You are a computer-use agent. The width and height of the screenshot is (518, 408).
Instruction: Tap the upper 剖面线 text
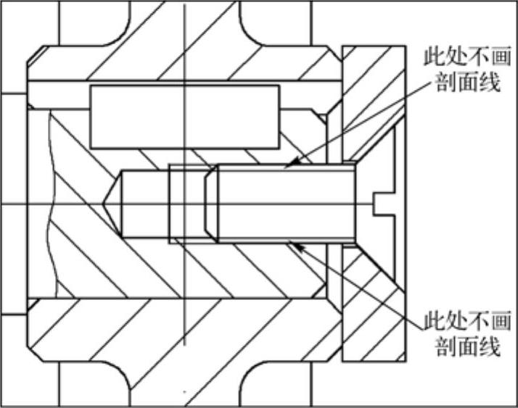click(467, 82)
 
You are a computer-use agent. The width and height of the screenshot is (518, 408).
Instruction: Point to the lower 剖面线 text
click(467, 346)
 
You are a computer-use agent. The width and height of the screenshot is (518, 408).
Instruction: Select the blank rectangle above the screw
click(184, 117)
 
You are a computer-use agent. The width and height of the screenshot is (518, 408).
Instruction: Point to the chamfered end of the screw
click(212, 204)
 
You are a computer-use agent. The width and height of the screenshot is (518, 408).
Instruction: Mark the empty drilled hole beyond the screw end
click(145, 204)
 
